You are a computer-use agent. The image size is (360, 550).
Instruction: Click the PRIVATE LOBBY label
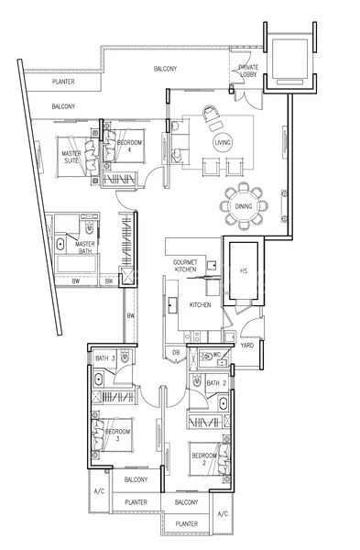(x=247, y=71)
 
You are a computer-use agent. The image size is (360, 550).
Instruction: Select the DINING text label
(x=244, y=232)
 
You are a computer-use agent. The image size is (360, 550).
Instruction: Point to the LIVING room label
(x=222, y=144)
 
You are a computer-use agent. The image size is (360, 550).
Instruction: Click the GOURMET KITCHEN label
(x=186, y=266)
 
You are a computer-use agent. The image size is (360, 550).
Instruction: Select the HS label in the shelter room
(x=243, y=270)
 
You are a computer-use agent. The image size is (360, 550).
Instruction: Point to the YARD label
(x=246, y=346)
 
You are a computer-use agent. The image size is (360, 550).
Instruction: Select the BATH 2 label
(x=215, y=382)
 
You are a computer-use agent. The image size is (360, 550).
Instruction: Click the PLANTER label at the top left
(x=63, y=82)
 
